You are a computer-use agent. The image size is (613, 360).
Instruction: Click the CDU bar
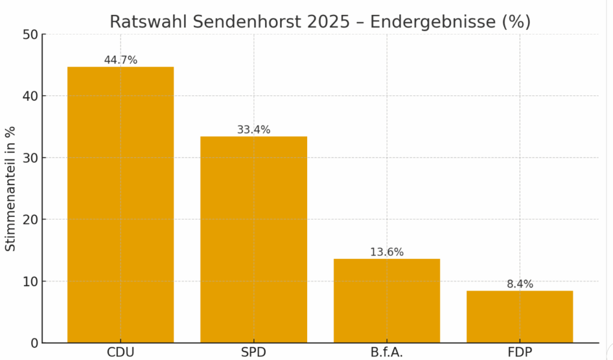click(x=120, y=205)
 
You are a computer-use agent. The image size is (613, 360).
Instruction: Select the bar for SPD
click(x=253, y=240)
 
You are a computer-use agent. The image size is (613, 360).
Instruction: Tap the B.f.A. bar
click(x=387, y=301)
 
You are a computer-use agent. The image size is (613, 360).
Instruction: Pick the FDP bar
click(x=520, y=317)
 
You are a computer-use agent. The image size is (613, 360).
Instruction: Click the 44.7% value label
click(x=120, y=60)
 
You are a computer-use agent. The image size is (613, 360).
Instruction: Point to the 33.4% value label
click(x=253, y=129)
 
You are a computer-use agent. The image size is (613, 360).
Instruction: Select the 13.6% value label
click(x=387, y=252)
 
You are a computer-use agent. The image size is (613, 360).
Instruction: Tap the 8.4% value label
click(x=520, y=284)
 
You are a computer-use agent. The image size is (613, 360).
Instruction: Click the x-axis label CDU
click(x=120, y=352)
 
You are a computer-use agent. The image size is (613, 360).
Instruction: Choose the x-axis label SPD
click(x=253, y=352)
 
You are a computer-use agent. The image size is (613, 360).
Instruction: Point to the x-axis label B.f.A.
click(x=387, y=352)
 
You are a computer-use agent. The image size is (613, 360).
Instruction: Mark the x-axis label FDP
click(x=520, y=352)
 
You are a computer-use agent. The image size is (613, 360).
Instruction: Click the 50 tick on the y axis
click(x=31, y=35)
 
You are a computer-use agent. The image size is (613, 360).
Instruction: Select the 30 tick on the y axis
click(x=31, y=158)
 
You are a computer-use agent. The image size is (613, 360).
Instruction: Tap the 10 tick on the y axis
click(x=31, y=282)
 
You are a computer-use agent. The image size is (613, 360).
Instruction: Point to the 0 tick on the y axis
click(x=34, y=343)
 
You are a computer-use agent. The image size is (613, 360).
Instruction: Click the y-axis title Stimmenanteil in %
click(x=10, y=189)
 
